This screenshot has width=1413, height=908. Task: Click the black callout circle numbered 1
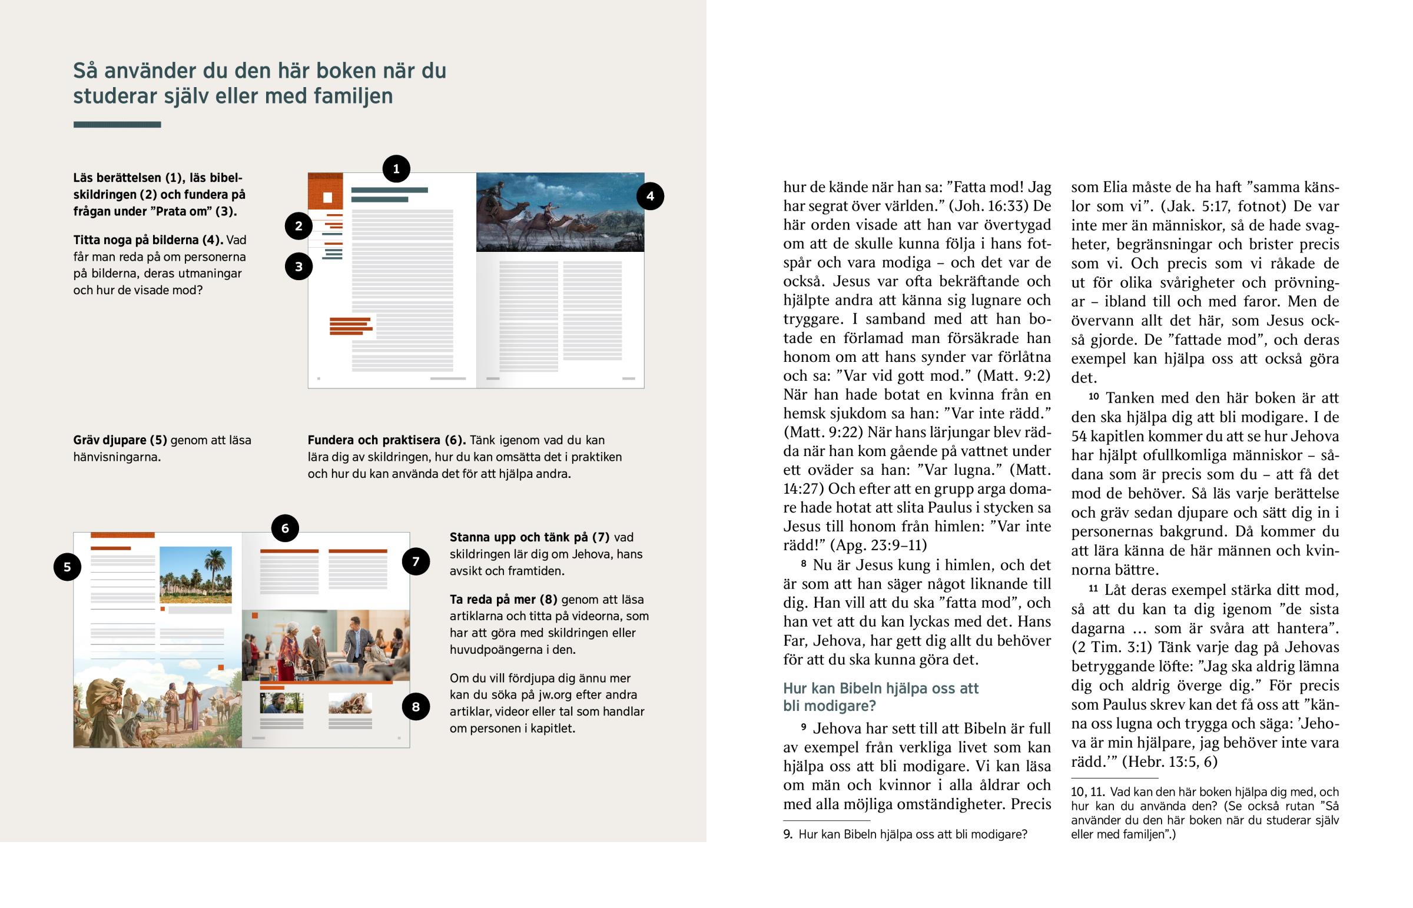(396, 169)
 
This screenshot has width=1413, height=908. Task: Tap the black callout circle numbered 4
(650, 197)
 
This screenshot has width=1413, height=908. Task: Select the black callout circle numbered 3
(298, 267)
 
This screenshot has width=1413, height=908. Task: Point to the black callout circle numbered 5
(67, 567)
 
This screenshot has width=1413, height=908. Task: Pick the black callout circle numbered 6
(285, 528)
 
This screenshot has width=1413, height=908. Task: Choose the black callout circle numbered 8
(416, 706)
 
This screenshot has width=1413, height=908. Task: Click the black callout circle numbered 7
(416, 561)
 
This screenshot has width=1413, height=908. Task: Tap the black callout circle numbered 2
(298, 226)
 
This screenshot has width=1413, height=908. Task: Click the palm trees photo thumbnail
(195, 575)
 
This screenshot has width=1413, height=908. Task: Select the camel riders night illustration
(560, 212)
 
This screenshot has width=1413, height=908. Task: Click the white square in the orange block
(327, 198)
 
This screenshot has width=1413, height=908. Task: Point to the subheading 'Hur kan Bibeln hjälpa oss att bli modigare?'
(880, 697)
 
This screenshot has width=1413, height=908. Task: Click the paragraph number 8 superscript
(803, 564)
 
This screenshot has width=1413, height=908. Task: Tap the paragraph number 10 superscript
(1093, 396)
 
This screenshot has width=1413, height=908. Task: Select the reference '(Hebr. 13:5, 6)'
(1169, 762)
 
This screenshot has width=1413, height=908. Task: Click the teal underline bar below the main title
(117, 124)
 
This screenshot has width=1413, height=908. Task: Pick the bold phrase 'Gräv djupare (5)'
(120, 440)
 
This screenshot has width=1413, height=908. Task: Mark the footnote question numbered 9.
(905, 834)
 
